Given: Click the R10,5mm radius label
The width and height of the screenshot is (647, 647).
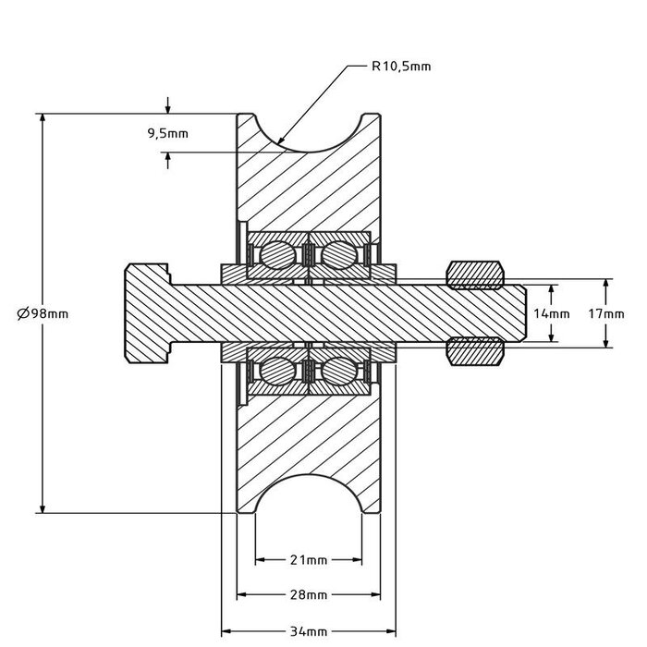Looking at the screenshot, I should [400, 67].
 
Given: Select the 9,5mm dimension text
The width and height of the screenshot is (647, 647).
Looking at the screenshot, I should [167, 133].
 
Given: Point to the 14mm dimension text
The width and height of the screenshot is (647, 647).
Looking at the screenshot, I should [553, 313].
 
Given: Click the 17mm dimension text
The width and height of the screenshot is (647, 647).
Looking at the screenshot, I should [606, 313].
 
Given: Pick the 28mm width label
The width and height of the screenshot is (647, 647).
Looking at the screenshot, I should [308, 594].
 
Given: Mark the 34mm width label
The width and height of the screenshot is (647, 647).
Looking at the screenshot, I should [308, 631].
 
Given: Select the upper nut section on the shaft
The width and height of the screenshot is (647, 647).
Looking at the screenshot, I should [476, 275].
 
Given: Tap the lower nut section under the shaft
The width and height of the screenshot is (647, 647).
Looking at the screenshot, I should [476, 352].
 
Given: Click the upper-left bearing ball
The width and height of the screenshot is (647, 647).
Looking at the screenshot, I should [275, 254].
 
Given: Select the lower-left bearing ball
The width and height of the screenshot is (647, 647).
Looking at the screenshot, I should [275, 372].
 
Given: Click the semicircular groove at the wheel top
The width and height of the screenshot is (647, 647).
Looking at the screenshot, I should [308, 129].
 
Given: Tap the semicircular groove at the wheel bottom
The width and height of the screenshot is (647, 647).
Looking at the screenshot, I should [308, 494].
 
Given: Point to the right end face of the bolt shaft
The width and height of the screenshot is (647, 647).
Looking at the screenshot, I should [526, 313].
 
